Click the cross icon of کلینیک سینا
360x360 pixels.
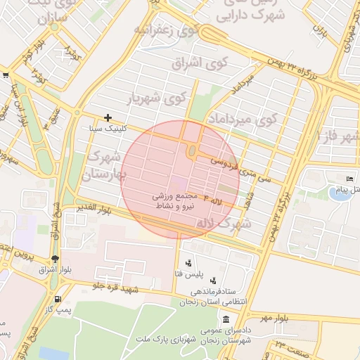point(108,118)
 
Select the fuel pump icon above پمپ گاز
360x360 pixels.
point(67,288)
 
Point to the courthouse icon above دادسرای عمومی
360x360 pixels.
point(224,319)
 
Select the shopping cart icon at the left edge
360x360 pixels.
point(5,75)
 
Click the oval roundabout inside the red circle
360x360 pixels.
point(191,150)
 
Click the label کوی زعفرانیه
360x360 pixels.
point(164,31)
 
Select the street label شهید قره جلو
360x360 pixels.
point(112,285)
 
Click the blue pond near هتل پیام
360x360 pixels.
point(339,193)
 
